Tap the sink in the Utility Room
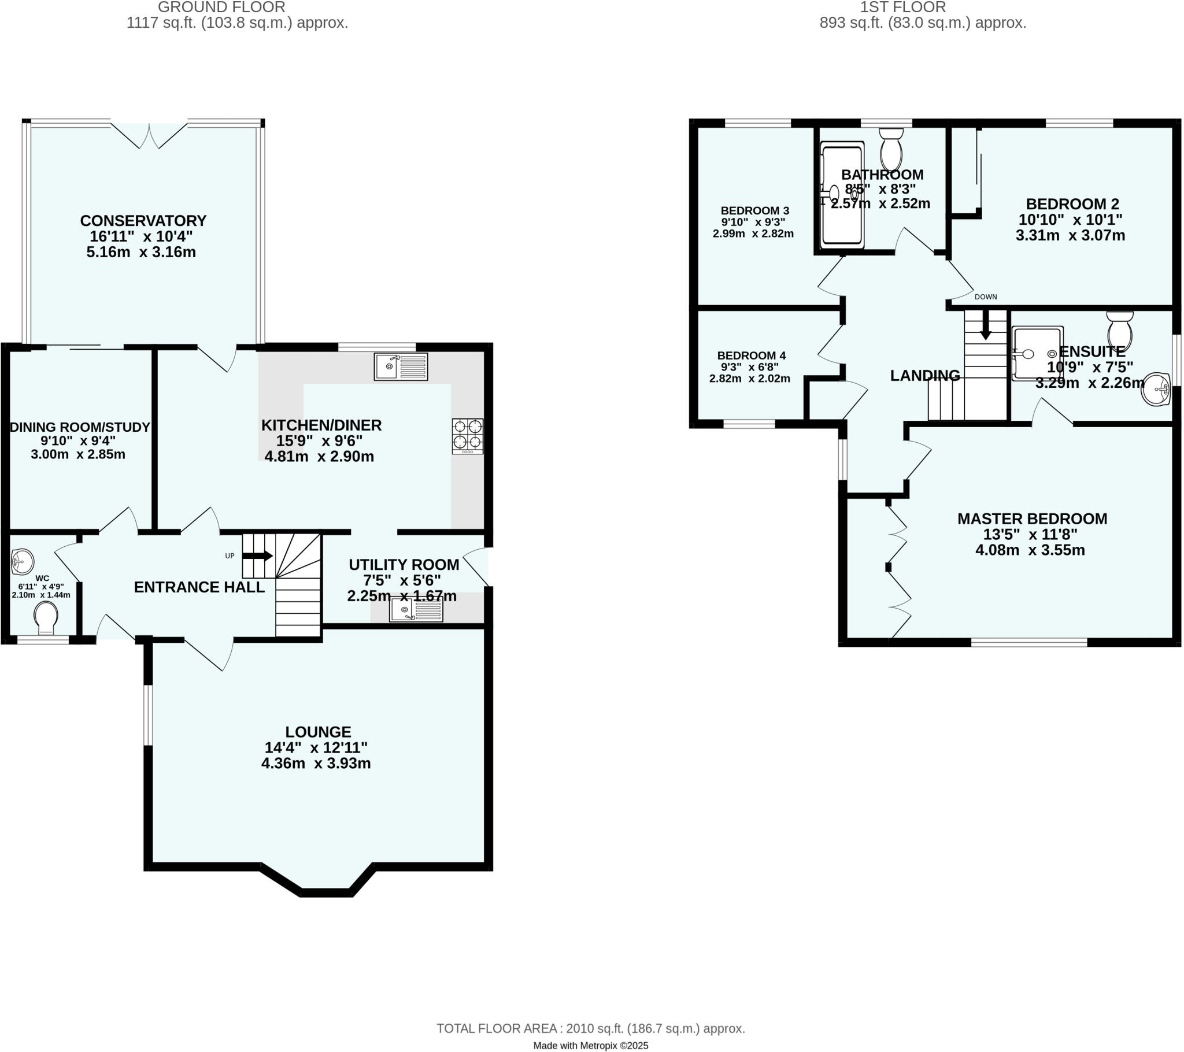click(415, 609)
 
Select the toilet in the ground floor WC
click(46, 617)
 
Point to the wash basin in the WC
click(23, 561)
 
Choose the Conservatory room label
click(143, 221)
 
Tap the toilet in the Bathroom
click(891, 150)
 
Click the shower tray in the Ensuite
click(1037, 353)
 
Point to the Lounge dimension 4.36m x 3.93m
click(316, 764)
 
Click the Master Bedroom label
click(1031, 518)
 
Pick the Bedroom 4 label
click(751, 355)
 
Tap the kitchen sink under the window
click(400, 366)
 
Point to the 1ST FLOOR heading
click(902, 7)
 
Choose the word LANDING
click(924, 375)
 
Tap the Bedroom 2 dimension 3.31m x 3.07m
click(1070, 235)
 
